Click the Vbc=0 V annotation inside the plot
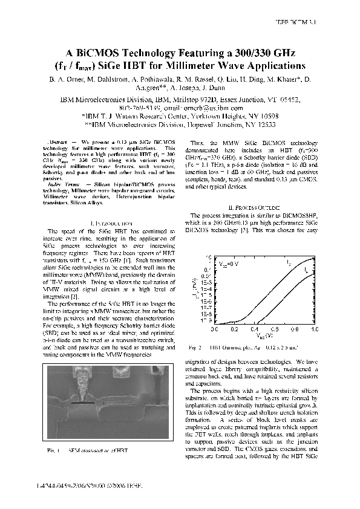229,264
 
